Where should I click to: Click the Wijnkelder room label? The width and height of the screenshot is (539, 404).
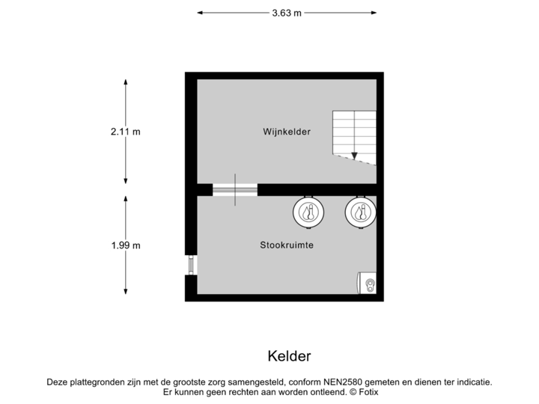point(286,132)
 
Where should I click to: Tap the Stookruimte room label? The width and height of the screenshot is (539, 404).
point(286,245)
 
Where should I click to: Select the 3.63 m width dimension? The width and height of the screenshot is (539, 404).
point(287,12)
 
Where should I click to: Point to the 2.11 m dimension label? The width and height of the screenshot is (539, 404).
point(125,132)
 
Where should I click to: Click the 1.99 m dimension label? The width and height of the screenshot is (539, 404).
point(125,245)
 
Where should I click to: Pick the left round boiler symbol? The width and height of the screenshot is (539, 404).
point(307,212)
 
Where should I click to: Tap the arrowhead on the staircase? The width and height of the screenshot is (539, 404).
point(354,157)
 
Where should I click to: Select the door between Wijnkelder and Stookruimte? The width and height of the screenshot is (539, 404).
point(234,189)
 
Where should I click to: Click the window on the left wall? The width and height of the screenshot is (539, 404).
point(190,265)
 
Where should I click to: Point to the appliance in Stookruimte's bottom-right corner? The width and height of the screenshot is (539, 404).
point(367,284)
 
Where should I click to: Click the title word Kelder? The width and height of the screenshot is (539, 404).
point(288,355)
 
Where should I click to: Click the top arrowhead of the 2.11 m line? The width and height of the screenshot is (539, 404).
point(125,78)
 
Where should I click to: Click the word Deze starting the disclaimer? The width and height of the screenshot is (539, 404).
point(57,382)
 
